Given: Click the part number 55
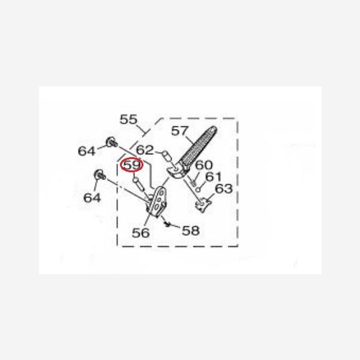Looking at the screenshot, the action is [128, 119].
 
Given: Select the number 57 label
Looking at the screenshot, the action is [180, 131].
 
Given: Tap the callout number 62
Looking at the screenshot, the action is [145, 150].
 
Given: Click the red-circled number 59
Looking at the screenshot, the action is [132, 164].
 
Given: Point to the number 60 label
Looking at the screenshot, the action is [204, 165].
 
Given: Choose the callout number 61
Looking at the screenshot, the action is [213, 176].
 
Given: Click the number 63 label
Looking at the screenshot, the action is [224, 188].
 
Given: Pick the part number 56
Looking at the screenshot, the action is [141, 233].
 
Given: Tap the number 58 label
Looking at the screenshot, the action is [191, 230].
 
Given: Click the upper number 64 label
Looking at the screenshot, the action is [86, 151].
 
